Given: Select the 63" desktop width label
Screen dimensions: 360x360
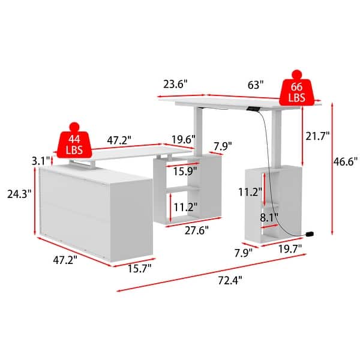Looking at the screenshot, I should click(256, 85).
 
